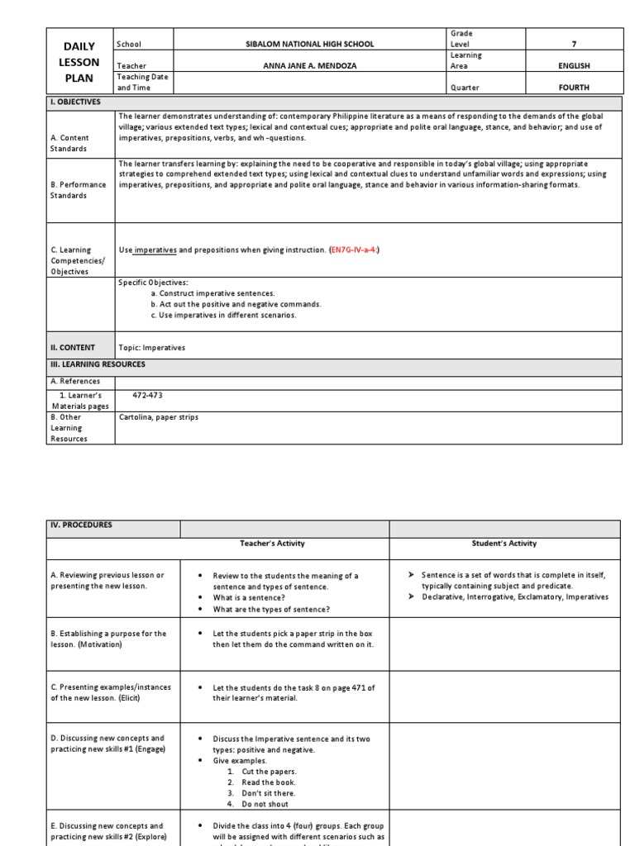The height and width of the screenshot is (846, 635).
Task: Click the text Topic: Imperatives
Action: click(x=152, y=348)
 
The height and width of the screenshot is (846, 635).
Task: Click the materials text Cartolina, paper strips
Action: click(x=159, y=417)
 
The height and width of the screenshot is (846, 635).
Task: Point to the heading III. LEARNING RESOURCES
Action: click(x=98, y=364)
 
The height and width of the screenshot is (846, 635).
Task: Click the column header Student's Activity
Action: click(x=504, y=544)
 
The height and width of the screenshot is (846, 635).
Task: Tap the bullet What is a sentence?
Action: click(x=251, y=598)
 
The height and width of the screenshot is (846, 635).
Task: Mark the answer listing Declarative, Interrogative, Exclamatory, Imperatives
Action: click(x=514, y=596)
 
